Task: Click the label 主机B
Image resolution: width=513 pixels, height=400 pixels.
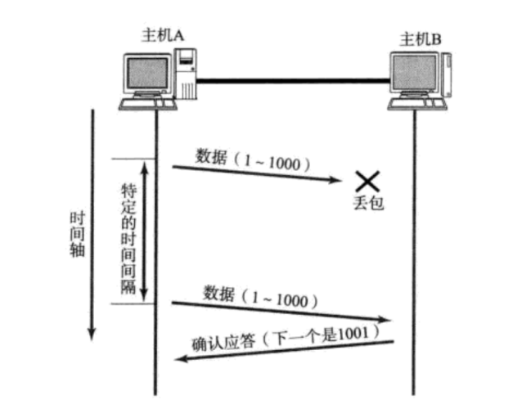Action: point(419,38)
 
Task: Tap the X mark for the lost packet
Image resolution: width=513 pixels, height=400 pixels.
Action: point(367,181)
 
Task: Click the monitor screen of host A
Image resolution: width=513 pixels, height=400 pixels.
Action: point(147,73)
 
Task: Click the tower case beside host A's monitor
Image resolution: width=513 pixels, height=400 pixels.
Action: point(187,73)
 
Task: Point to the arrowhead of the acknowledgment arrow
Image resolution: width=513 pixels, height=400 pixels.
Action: point(175,354)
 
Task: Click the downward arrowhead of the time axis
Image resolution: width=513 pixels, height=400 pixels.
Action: point(92,335)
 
